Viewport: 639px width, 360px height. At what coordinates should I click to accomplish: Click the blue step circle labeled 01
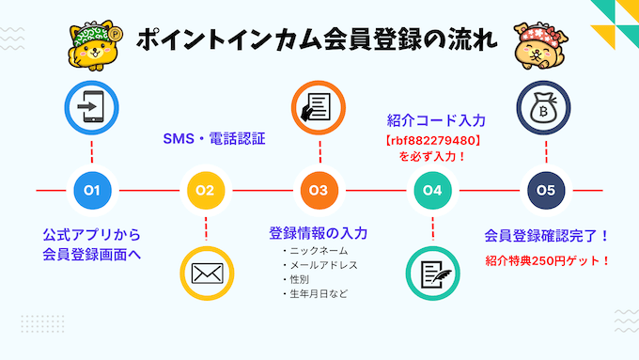pyautogui.click(x=91, y=191)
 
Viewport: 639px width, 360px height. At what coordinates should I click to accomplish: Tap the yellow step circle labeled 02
pyautogui.click(x=205, y=191)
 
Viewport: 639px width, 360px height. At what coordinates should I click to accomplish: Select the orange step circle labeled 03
pyautogui.click(x=318, y=191)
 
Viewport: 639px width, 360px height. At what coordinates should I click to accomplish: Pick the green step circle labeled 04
pyautogui.click(x=431, y=191)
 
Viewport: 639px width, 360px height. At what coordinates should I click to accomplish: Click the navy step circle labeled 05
pyautogui.click(x=545, y=191)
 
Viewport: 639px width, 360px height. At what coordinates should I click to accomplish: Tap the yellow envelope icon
pyautogui.click(x=205, y=273)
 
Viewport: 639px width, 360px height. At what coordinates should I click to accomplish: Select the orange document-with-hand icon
pyautogui.click(x=318, y=108)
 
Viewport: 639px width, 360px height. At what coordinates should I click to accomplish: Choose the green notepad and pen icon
pyautogui.click(x=431, y=273)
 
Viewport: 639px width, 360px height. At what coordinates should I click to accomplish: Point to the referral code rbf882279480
pyautogui.click(x=433, y=141)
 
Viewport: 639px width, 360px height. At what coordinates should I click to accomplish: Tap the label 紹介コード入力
pyautogui.click(x=436, y=120)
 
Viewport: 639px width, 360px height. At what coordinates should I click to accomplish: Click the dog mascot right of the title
pyautogui.click(x=538, y=43)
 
